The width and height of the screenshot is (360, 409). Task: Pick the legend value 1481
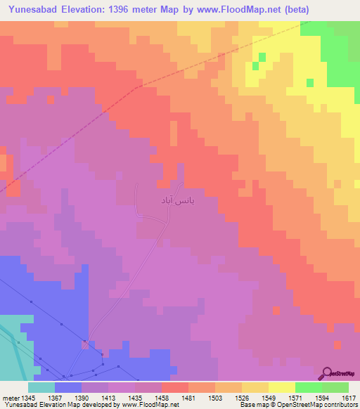[187, 398]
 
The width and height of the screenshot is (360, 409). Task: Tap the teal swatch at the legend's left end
[41, 387]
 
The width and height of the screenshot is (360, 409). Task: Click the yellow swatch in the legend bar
[282, 387]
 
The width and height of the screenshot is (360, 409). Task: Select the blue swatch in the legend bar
[68, 387]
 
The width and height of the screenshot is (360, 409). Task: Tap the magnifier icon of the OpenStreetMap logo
[327, 373]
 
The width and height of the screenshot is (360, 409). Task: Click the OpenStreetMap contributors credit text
[311, 405]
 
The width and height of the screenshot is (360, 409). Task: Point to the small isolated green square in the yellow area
[262, 57]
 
